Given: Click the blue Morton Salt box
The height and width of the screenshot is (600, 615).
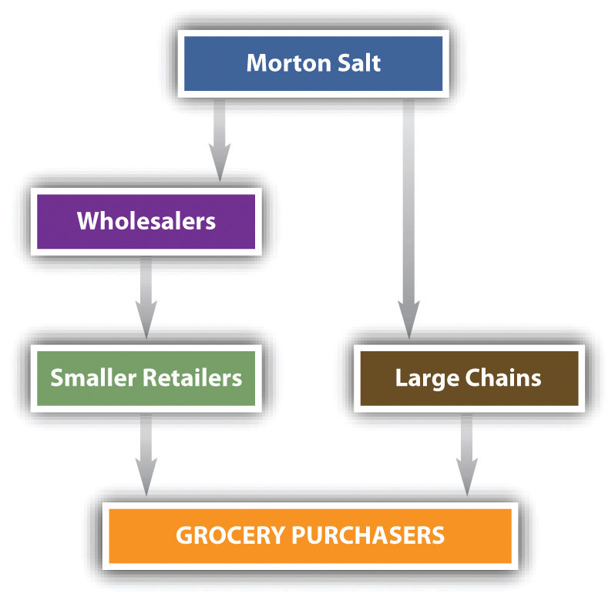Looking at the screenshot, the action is click(314, 63).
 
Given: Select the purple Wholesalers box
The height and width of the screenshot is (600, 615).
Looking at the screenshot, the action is click(146, 221).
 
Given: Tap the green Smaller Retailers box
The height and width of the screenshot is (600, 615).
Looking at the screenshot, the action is click(146, 378).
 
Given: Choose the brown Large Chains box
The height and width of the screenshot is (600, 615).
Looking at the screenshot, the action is click(469, 378).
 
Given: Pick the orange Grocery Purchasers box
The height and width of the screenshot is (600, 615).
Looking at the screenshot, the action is click(311, 536).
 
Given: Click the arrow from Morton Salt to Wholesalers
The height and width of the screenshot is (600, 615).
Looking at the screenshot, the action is click(220, 140).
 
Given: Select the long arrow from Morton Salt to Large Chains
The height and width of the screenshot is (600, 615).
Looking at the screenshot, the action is click(408, 218).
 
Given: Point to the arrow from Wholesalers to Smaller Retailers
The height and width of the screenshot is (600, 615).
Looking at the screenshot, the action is click(146, 297).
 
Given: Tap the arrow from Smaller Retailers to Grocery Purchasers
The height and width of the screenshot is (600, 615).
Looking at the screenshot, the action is click(146, 454).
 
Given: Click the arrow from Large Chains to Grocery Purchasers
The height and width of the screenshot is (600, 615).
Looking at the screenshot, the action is click(467, 454).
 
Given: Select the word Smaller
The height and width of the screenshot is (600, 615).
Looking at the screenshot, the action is click(93, 378).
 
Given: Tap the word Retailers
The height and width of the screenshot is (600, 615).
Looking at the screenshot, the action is click(192, 378).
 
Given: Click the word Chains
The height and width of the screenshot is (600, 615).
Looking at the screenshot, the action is click(503, 378).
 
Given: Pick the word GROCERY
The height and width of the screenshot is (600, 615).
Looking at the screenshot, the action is click(230, 535).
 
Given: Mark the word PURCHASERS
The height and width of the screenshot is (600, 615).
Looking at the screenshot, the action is click(368, 535).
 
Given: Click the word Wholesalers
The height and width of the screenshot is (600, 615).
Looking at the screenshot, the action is click(146, 220).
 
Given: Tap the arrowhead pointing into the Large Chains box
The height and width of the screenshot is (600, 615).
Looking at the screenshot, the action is click(408, 320).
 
